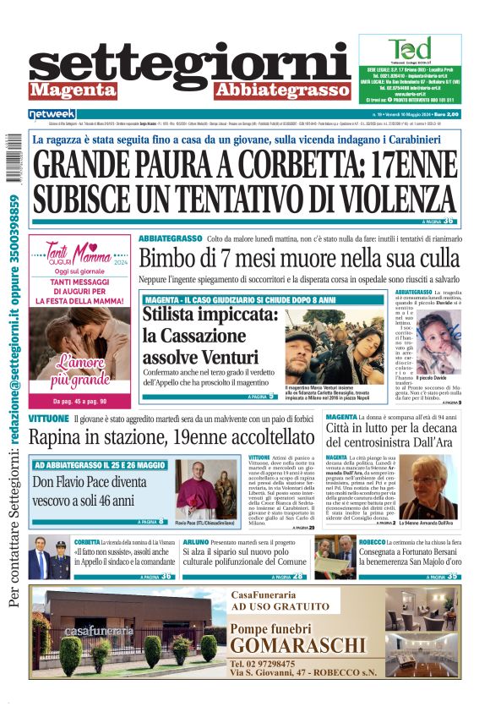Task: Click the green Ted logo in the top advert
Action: pos(410,50)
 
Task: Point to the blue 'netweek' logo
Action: pos(52,113)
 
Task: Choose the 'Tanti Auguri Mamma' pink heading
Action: pos(79,253)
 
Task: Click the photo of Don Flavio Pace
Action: pos(196,490)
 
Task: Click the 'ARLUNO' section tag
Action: pos(196,542)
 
